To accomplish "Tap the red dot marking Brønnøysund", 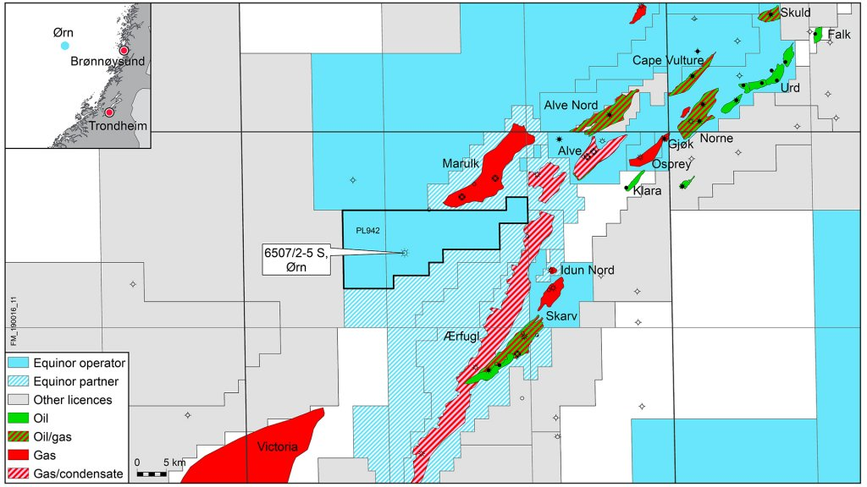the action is tap(124, 50).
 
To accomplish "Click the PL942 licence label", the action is tap(367, 229).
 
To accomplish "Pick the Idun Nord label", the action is tap(588, 271).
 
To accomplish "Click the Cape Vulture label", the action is tap(667, 61).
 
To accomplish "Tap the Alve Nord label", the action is tap(569, 105).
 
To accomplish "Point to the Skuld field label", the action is tap(796, 12).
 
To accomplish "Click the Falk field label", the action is tap(839, 35).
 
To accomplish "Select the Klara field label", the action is tap(647, 192).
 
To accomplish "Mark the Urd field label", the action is tap(789, 87).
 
